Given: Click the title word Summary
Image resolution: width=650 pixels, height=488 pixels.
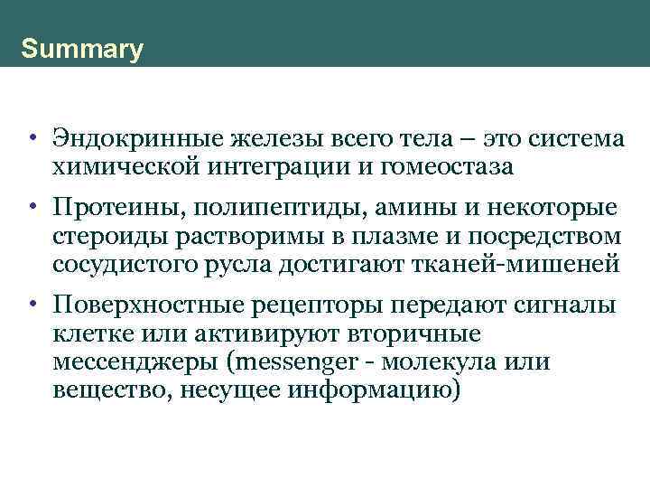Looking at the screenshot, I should pyautogui.click(x=82, y=49).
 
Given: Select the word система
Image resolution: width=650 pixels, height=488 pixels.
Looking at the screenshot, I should pyautogui.click(x=572, y=141).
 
